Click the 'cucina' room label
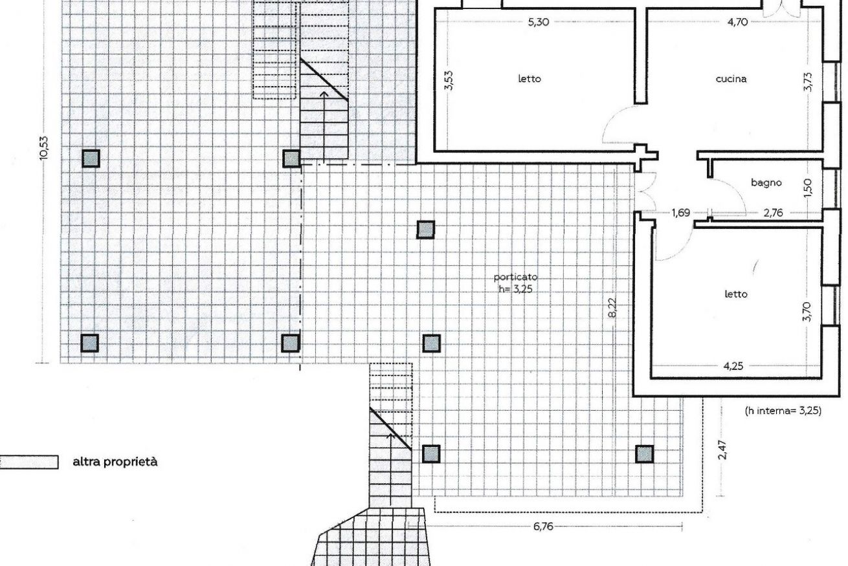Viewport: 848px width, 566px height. (x=731, y=79)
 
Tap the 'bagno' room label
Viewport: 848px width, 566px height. (x=766, y=183)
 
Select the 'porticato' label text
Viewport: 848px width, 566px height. (x=515, y=278)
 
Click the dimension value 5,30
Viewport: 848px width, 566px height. (x=539, y=23)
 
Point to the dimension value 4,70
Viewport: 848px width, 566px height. (x=737, y=23)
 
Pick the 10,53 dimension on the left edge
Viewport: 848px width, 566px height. (x=44, y=147)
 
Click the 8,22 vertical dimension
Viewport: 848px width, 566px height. (x=612, y=308)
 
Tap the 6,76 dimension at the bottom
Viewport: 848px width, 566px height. (x=543, y=527)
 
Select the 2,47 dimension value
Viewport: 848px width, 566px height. (x=722, y=450)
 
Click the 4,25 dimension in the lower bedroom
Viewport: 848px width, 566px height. (x=733, y=366)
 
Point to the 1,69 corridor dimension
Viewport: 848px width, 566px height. (x=681, y=213)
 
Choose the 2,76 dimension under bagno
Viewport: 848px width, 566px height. (x=773, y=213)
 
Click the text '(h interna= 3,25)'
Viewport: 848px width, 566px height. (x=783, y=411)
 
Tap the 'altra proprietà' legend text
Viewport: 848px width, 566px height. (x=115, y=462)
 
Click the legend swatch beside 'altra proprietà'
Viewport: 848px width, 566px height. (x=28, y=463)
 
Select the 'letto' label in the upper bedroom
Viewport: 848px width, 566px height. (x=530, y=79)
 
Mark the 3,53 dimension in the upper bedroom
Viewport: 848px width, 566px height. (x=449, y=81)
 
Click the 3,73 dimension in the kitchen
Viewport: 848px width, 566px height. (x=807, y=82)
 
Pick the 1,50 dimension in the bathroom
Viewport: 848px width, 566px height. (x=807, y=188)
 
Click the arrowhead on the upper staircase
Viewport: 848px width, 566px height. (x=324, y=94)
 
